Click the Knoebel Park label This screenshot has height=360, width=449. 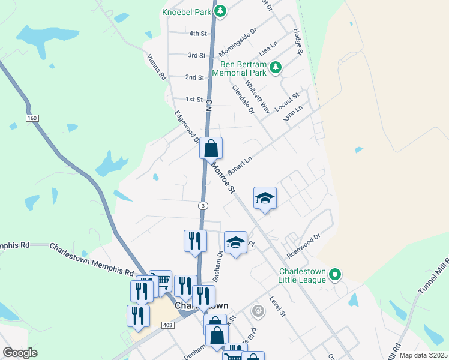186,11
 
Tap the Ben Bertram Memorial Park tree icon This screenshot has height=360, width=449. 276,67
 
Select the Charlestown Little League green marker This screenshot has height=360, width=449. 336,275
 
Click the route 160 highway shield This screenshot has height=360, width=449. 32,118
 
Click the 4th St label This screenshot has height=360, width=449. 197,34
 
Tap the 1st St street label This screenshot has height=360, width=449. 194,99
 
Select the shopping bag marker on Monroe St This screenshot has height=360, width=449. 211,148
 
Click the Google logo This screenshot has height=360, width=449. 20,353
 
